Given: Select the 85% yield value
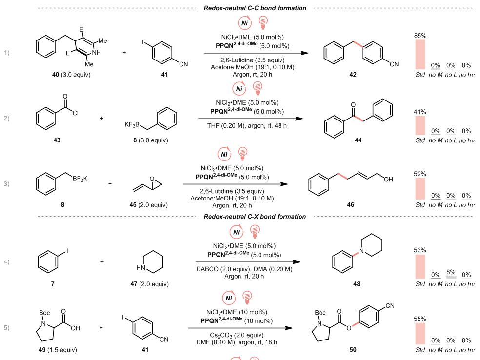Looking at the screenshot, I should (420, 36).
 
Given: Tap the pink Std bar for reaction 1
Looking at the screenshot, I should (420, 54).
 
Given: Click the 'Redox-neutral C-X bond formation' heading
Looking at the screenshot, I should (255, 217).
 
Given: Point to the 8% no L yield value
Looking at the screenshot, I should (451, 271).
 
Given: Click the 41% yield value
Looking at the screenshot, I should (420, 112).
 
